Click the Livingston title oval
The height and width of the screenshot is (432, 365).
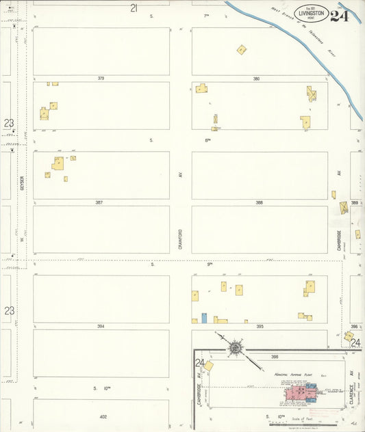(311, 12)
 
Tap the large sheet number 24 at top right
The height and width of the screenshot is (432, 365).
(340, 15)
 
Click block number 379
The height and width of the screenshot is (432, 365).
(101, 79)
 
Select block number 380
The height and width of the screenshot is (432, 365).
(256, 79)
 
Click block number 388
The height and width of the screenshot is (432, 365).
(259, 202)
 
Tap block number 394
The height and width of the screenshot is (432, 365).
(101, 326)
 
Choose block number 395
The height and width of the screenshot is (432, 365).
(260, 326)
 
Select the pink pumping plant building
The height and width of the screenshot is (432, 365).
(297, 392)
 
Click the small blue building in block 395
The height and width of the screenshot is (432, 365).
(203, 318)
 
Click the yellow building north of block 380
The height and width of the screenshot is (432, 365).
(242, 49)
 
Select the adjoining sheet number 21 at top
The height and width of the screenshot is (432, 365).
(134, 8)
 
